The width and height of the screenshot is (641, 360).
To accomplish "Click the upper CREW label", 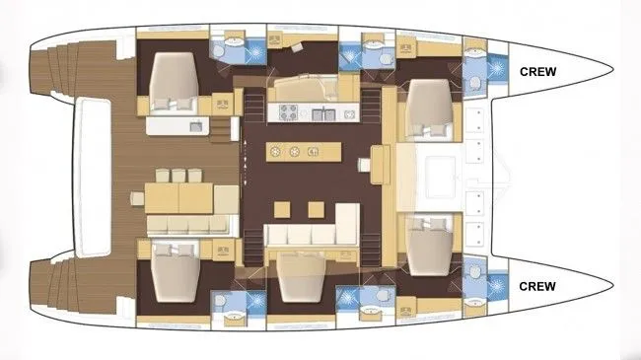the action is [538, 72].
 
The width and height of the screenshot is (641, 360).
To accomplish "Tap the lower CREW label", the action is [537, 286].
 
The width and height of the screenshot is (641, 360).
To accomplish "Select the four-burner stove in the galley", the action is [288, 112].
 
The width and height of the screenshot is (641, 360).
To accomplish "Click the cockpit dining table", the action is [179, 198].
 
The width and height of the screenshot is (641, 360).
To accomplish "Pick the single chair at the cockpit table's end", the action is [137, 198].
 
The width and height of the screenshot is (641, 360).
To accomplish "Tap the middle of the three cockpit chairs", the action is [178, 176].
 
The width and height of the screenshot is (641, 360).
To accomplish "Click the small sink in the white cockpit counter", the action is [196, 126].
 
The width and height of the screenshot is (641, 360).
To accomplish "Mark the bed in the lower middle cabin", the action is [302, 278].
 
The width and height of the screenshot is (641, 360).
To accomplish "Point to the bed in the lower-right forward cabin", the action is [430, 247].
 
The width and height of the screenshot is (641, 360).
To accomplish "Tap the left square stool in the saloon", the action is [282, 209].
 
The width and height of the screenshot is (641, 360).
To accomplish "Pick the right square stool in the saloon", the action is [316, 209].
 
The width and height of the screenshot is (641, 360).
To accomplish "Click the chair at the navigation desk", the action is [364, 165].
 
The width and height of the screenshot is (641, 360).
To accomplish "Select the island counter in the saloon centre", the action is [304, 152].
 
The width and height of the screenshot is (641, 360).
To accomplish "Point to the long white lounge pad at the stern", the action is [93, 178].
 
